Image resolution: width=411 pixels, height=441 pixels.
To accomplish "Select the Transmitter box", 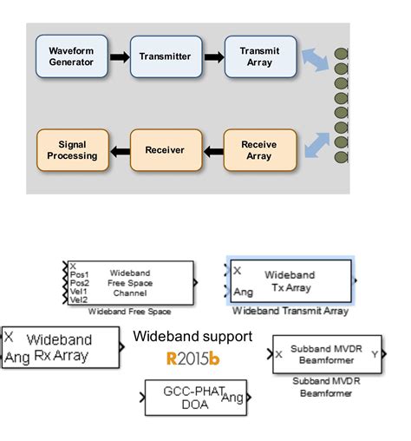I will (165, 56).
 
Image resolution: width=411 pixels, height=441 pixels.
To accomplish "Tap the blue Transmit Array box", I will (259, 56).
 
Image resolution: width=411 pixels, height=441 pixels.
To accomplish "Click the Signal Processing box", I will (72, 149).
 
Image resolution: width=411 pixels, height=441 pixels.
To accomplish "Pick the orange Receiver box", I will (165, 149).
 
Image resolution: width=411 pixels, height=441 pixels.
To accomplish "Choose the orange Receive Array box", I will (259, 149).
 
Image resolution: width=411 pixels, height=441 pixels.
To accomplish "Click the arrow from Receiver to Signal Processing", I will (119, 150).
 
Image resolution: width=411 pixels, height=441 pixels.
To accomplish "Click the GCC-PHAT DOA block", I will (195, 398).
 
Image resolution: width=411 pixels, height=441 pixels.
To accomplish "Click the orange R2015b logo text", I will (192, 357).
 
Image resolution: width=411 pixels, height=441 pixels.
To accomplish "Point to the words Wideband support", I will (192, 336).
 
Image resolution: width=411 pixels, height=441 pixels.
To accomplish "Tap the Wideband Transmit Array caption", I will (290, 310).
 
